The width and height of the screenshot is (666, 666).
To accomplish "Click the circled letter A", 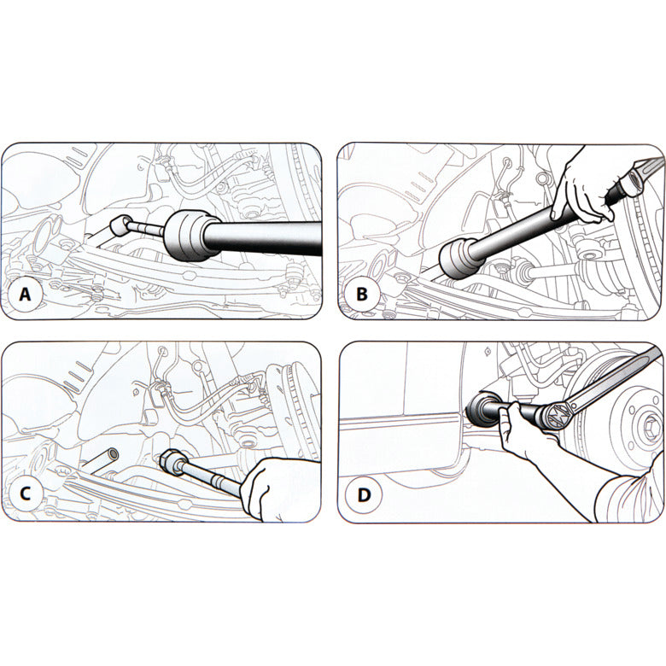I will click(x=26, y=295).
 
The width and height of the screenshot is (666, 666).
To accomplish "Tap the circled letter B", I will click(x=362, y=295).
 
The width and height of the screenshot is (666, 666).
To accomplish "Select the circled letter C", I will click(x=26, y=494).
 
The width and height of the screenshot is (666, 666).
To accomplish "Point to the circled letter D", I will click(x=362, y=494).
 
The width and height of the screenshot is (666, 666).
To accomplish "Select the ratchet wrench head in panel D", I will click(x=552, y=416).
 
